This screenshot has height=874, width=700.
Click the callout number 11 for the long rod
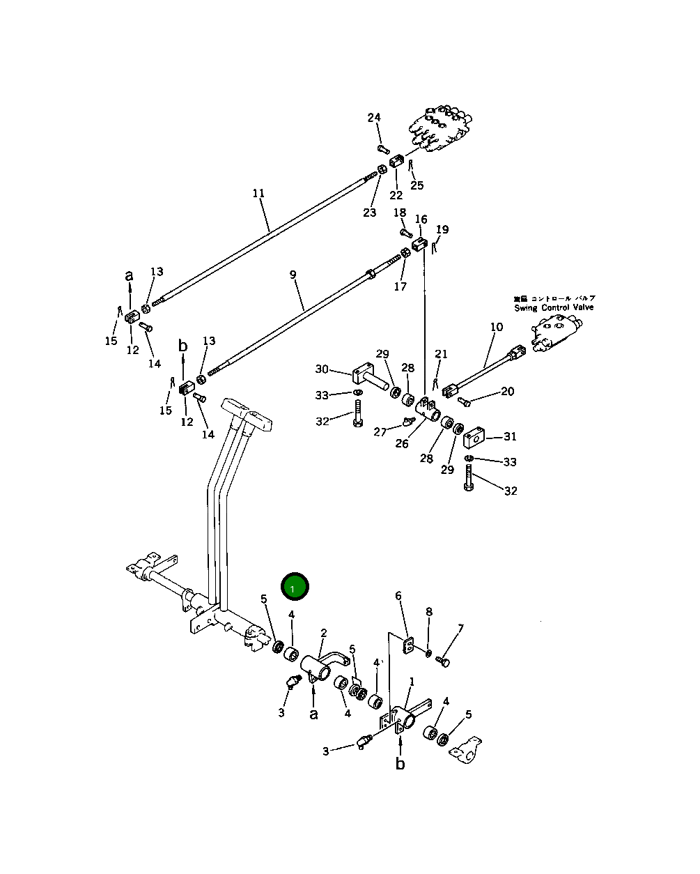[x=258, y=193]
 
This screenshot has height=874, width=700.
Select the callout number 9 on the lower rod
[x=293, y=275]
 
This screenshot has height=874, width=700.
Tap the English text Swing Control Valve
[x=554, y=307]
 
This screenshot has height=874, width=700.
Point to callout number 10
[x=496, y=326]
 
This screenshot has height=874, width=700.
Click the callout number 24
[x=374, y=117]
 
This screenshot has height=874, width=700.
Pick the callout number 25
[x=417, y=185]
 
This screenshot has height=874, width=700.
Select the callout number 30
[x=321, y=369]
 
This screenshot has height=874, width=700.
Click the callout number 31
[x=511, y=437]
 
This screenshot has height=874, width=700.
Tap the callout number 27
[x=380, y=432]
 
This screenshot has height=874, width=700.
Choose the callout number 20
[x=507, y=392]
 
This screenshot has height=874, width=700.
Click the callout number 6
[x=398, y=595]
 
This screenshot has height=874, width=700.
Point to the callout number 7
[x=460, y=629]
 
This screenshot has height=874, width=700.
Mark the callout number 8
[x=429, y=612]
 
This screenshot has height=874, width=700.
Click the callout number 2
[x=324, y=633]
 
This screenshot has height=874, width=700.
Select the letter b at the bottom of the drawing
[x=400, y=765]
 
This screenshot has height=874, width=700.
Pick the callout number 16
[x=421, y=220]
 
